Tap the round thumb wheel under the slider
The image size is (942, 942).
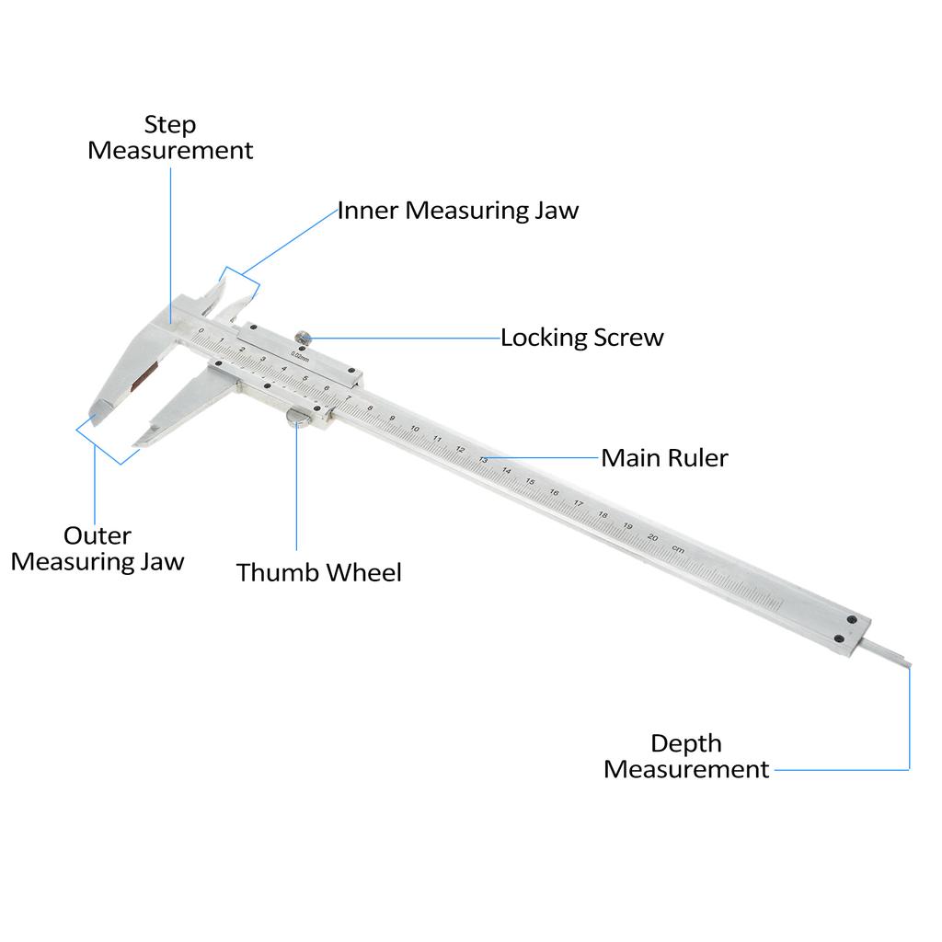click(298, 419)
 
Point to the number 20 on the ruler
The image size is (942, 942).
click(652, 537)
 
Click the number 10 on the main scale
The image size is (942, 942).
click(416, 430)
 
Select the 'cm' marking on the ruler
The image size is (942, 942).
click(678, 549)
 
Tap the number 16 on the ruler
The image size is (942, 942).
click(554, 492)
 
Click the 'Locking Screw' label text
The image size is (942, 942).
click(581, 338)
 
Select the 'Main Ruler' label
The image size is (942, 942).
click(664, 457)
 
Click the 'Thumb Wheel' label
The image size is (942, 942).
click(318, 572)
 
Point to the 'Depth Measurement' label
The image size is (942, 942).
click(686, 756)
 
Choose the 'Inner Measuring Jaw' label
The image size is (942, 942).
click(457, 210)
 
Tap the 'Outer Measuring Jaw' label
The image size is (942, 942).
click(98, 548)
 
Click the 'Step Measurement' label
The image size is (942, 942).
click(170, 137)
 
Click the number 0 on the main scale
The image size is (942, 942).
click(201, 329)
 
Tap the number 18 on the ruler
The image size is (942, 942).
click(603, 514)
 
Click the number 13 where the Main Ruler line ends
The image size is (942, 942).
click(483, 459)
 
